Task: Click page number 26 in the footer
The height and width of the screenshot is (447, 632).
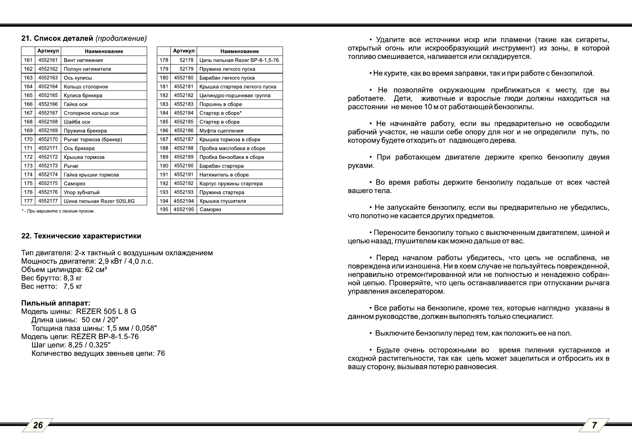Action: point(38,425)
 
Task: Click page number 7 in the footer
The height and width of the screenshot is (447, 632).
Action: point(594,425)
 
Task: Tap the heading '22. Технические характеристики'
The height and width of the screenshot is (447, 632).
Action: point(81,236)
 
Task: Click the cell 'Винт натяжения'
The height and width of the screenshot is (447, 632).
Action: point(83,60)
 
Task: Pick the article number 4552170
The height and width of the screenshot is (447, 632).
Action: point(48,139)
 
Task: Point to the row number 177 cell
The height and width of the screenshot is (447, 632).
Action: point(28,201)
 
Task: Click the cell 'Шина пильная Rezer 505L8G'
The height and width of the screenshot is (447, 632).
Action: point(99,201)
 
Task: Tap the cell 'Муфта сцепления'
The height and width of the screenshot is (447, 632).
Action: point(221,131)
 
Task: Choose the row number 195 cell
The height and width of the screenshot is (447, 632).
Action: point(164,209)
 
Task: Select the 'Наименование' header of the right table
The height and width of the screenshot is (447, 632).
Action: point(239,51)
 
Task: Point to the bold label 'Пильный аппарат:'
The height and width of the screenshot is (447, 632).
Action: point(56,303)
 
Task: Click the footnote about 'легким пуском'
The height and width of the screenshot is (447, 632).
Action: point(58,211)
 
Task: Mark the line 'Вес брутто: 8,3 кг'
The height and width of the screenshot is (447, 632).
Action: point(52,278)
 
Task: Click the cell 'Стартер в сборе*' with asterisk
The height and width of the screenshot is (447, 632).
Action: point(221,113)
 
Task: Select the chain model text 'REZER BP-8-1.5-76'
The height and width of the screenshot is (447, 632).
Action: point(105,336)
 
